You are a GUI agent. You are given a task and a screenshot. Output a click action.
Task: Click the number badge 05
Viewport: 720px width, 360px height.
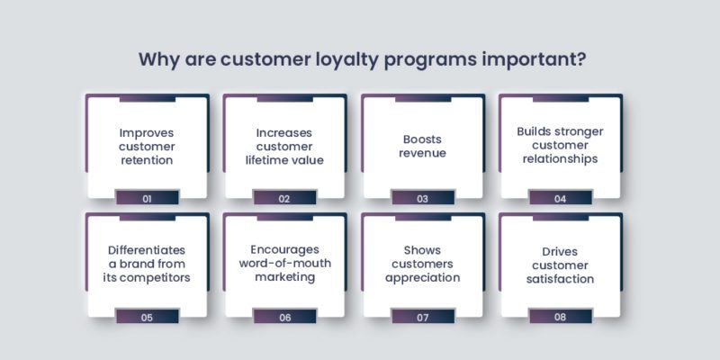pos(146,316)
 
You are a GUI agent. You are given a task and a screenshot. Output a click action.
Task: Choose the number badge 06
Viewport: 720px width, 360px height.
pos(284,316)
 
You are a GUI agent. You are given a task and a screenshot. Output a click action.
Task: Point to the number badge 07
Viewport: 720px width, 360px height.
pos(422,316)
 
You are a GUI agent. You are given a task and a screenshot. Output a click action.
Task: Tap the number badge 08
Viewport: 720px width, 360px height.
pos(561,316)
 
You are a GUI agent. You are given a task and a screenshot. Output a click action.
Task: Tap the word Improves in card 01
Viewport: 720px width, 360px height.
pos(146,132)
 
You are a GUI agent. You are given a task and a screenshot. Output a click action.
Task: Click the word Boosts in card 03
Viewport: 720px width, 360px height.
pos(422,139)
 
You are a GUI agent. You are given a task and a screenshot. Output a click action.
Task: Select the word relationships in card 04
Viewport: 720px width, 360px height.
pos(561,160)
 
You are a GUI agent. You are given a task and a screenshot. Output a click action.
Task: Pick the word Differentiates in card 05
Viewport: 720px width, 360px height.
pos(146,249)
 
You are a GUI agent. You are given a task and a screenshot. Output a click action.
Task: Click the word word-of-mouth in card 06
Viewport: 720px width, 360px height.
pos(284,264)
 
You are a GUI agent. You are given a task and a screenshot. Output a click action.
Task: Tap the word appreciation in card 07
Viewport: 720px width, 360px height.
pos(422,278)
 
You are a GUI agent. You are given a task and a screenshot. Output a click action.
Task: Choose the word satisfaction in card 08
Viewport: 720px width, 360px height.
pos(561,278)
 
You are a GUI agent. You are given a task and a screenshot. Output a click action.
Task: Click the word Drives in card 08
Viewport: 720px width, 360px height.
pos(561,249)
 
